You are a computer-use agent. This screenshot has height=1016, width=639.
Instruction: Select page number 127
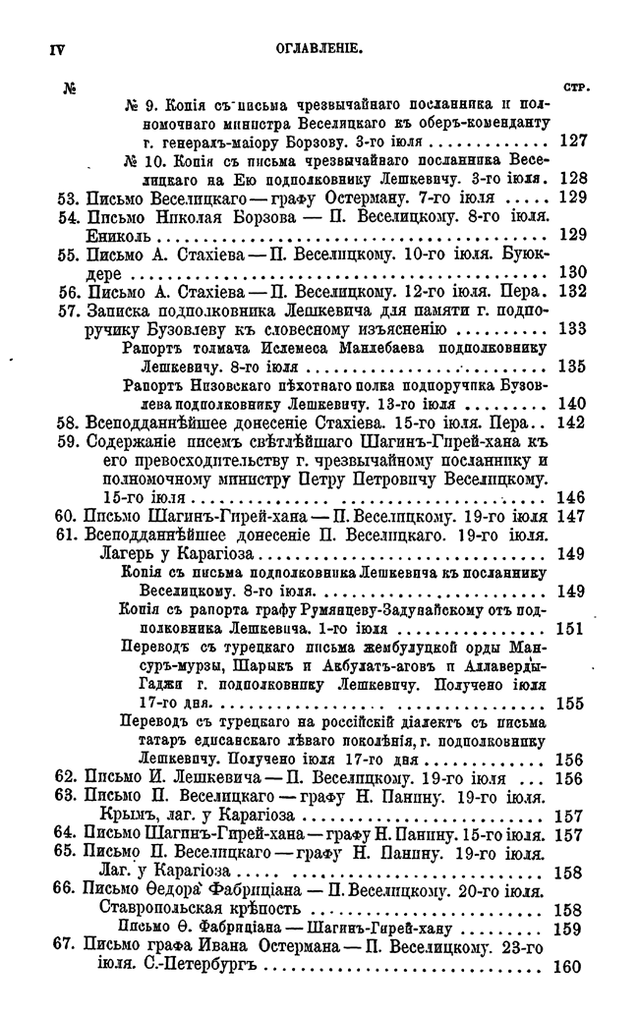point(572,141)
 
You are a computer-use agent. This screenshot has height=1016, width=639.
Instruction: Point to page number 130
point(572,272)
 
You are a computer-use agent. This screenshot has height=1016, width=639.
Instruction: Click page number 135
point(572,366)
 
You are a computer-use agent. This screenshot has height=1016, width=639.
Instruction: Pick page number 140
point(572,403)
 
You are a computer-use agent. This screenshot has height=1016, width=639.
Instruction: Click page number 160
point(572,965)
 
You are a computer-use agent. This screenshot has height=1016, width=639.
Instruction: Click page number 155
point(572,704)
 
